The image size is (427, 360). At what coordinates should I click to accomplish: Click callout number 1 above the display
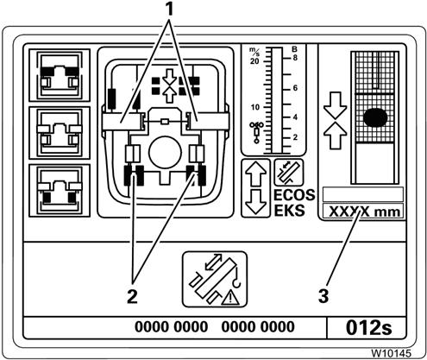click(170, 9)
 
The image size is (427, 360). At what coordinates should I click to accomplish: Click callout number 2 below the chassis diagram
click(132, 296)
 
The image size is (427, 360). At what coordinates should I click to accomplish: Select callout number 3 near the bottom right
click(323, 296)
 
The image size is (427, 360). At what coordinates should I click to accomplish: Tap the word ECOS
click(294, 195)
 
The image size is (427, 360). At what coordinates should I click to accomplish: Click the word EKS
click(289, 211)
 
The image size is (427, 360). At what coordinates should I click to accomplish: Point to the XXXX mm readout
click(364, 212)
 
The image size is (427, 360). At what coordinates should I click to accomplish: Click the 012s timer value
click(369, 327)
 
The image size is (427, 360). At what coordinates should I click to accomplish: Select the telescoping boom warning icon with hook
click(215, 279)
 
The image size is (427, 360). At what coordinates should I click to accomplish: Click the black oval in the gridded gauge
click(375, 117)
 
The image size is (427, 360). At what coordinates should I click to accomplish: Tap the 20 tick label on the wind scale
click(254, 61)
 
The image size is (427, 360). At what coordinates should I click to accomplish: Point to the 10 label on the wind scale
click(255, 107)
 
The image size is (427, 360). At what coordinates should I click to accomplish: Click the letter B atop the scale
click(294, 49)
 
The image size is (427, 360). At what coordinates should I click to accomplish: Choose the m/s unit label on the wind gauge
click(254, 51)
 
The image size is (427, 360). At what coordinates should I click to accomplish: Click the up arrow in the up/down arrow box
click(255, 174)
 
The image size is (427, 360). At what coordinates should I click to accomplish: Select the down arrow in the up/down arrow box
click(255, 202)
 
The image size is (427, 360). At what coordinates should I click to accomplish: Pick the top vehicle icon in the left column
click(60, 75)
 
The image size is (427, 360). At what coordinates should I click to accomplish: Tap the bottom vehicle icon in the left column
click(60, 191)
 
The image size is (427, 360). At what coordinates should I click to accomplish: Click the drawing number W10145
click(392, 353)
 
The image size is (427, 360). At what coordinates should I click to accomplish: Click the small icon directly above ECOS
click(289, 173)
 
